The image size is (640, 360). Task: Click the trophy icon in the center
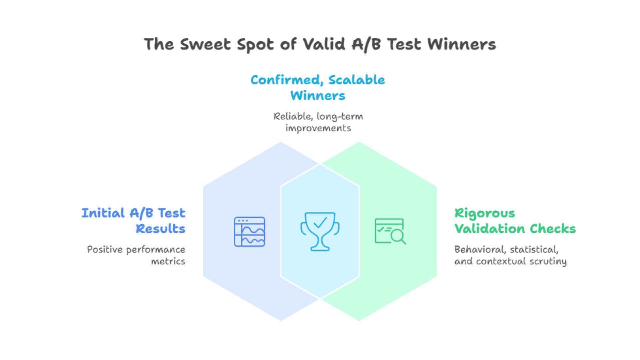(x=320, y=231)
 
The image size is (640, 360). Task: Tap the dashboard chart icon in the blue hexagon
(x=249, y=232)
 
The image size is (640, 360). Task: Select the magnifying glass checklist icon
(x=390, y=231)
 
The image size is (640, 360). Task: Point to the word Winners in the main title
(x=461, y=44)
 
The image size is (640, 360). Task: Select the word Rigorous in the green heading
(x=485, y=213)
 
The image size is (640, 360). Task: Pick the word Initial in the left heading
(x=103, y=213)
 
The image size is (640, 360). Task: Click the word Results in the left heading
(x=160, y=229)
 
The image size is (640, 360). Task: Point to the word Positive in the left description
(x=100, y=250)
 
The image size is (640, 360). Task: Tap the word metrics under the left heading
(x=168, y=261)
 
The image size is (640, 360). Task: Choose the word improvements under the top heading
(x=318, y=128)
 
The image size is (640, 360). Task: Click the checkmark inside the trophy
(x=320, y=222)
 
